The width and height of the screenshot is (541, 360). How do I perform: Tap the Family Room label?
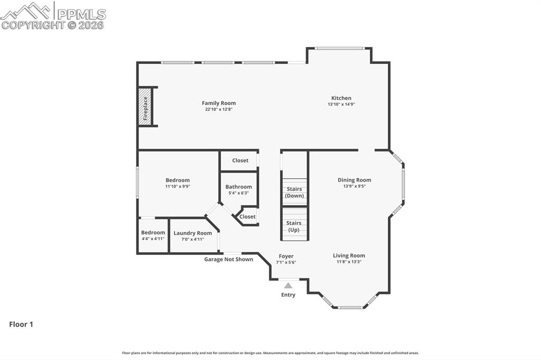219,103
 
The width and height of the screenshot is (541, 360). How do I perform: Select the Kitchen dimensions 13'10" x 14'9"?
341,104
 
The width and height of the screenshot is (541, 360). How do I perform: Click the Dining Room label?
355,180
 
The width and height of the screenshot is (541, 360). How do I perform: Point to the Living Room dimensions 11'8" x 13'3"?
349,262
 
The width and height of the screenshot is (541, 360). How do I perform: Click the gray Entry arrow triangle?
288,286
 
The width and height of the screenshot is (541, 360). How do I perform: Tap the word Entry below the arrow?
288,295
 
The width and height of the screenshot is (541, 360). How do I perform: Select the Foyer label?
286,256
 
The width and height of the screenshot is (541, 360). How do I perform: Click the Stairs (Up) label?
294,226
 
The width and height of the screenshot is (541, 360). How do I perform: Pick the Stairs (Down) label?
294,193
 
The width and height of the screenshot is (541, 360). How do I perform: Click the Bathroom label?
239,187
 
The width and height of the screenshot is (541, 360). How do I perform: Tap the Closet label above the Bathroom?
240,160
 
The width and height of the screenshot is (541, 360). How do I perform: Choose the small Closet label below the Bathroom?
247,216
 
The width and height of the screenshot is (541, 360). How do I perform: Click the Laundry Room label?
192,233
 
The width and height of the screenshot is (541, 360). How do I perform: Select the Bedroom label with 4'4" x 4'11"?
153,232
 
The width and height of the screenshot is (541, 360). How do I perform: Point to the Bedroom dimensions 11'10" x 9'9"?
178,186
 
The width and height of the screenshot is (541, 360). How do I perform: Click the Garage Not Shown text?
228,259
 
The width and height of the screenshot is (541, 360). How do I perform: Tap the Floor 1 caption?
21,325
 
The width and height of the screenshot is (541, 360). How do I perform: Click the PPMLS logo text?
81,14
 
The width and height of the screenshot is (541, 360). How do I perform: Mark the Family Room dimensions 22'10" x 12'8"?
219,109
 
